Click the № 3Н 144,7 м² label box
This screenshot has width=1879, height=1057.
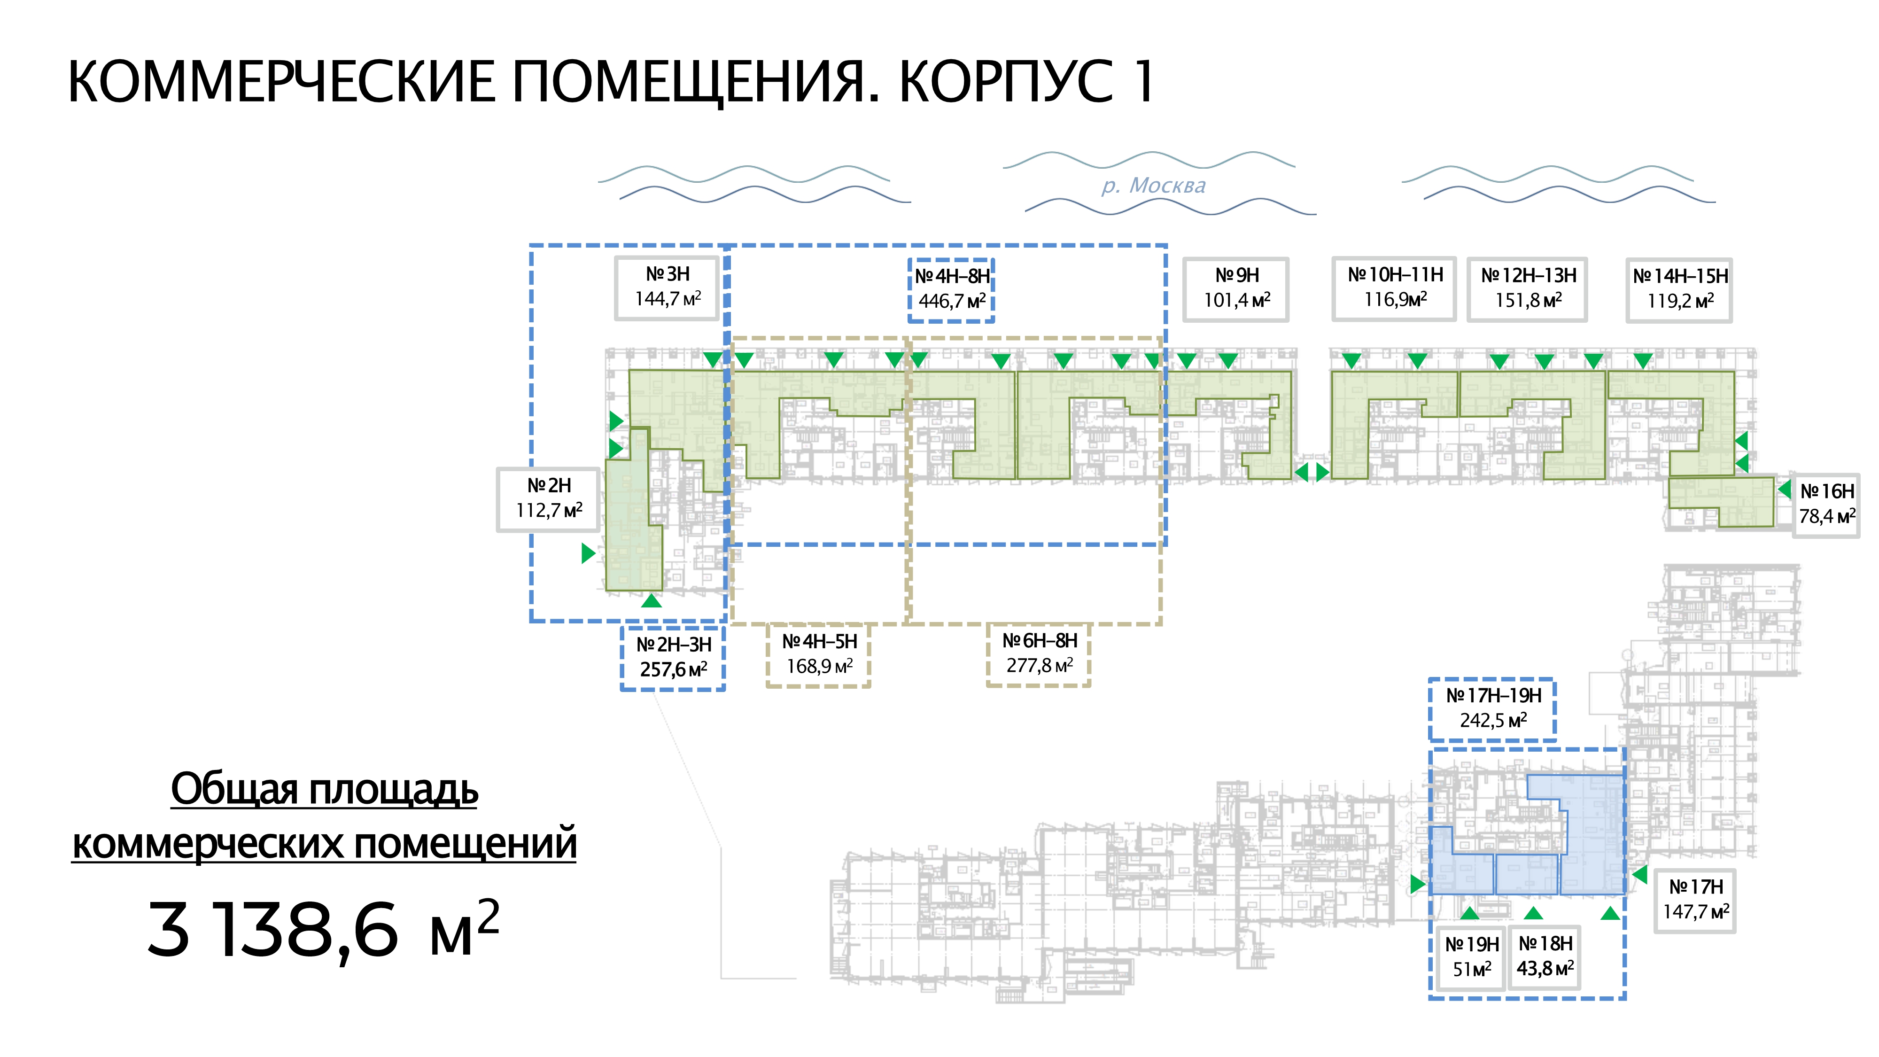[668, 288]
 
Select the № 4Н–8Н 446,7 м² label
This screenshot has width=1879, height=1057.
[951, 289]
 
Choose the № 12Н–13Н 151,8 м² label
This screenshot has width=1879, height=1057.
[1528, 289]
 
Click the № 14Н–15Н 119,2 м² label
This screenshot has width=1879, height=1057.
[1679, 289]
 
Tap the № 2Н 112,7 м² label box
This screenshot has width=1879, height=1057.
[549, 499]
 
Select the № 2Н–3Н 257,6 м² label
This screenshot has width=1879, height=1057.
[673, 657]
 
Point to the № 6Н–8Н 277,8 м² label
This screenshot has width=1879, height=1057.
[1039, 653]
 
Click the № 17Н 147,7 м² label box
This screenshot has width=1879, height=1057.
[1695, 900]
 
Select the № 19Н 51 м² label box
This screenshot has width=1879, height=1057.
[1471, 957]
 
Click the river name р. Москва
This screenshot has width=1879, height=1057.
[1153, 186]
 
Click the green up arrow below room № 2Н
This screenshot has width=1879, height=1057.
[652, 601]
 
